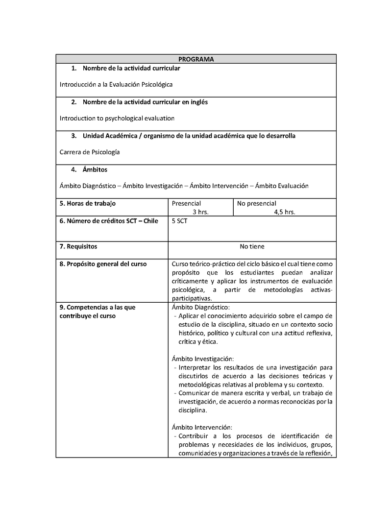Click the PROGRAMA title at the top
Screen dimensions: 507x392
click(196, 59)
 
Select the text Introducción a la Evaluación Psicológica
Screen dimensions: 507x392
click(116, 84)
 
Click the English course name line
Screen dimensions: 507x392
click(117, 118)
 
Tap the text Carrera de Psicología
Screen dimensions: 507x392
click(90, 152)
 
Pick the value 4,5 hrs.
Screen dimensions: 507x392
click(285, 212)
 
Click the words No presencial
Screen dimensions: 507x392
click(257, 203)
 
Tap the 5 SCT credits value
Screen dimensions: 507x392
click(179, 221)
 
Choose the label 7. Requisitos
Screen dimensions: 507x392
click(78, 246)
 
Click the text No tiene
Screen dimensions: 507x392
click(252, 246)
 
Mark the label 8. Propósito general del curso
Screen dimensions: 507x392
click(103, 264)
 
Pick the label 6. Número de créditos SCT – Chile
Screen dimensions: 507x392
click(109, 221)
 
